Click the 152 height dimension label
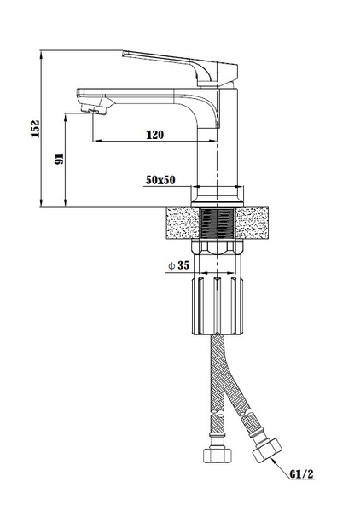(35, 129)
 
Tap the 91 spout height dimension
(60, 159)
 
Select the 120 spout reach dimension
(154, 135)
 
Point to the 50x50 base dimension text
(160, 180)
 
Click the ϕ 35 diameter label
(178, 265)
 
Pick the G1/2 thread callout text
(302, 473)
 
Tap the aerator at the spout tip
(95, 109)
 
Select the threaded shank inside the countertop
(218, 224)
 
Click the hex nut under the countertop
(218, 247)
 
